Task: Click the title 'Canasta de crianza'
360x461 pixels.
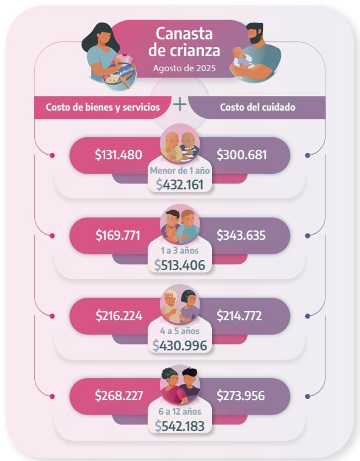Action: [179, 42]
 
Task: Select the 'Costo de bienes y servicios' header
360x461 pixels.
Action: [103, 107]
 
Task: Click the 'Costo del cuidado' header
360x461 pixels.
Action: [258, 107]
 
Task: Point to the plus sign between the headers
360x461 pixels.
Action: [180, 104]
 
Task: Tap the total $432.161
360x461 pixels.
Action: [180, 184]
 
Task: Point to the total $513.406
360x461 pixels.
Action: [180, 265]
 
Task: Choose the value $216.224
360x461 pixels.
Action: [119, 316]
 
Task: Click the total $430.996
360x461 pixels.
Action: [180, 345]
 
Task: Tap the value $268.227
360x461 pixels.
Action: [119, 396]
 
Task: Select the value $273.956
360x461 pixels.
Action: [240, 396]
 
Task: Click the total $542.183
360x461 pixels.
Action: [180, 425]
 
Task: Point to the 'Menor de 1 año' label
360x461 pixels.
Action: [179, 171]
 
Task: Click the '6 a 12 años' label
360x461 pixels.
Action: [180, 412]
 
